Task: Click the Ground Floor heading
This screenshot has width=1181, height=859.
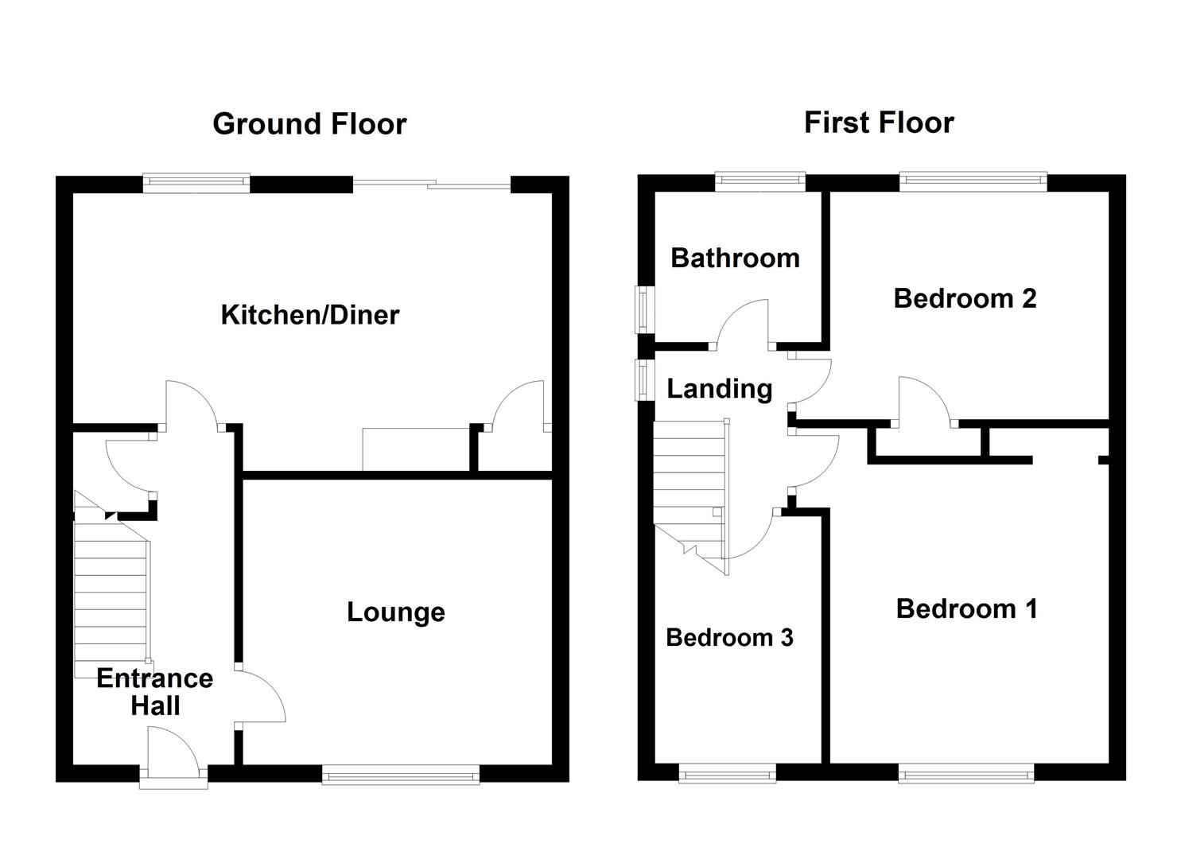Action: pos(309,124)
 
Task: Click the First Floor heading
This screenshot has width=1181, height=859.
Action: pos(878,122)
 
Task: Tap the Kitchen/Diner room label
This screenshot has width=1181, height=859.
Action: pos(309,315)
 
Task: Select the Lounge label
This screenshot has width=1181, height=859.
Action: pos(395,612)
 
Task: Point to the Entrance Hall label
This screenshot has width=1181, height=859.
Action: pos(155,691)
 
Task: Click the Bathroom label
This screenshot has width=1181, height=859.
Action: pos(735,258)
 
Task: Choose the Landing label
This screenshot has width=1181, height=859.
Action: pos(719,388)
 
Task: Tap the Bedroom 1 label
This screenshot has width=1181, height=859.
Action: pos(966,608)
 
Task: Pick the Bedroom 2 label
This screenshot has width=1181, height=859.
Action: pos(965,298)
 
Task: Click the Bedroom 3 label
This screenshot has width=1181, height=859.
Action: pos(729,637)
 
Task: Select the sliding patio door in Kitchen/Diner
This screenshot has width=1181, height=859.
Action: pos(431,185)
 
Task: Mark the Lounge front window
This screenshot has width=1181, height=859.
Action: pos(401,774)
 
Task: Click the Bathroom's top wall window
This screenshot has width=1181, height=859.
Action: pos(759,182)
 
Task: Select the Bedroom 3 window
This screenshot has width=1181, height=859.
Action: pos(727,773)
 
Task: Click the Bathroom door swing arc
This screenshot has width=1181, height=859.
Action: pos(742,322)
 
